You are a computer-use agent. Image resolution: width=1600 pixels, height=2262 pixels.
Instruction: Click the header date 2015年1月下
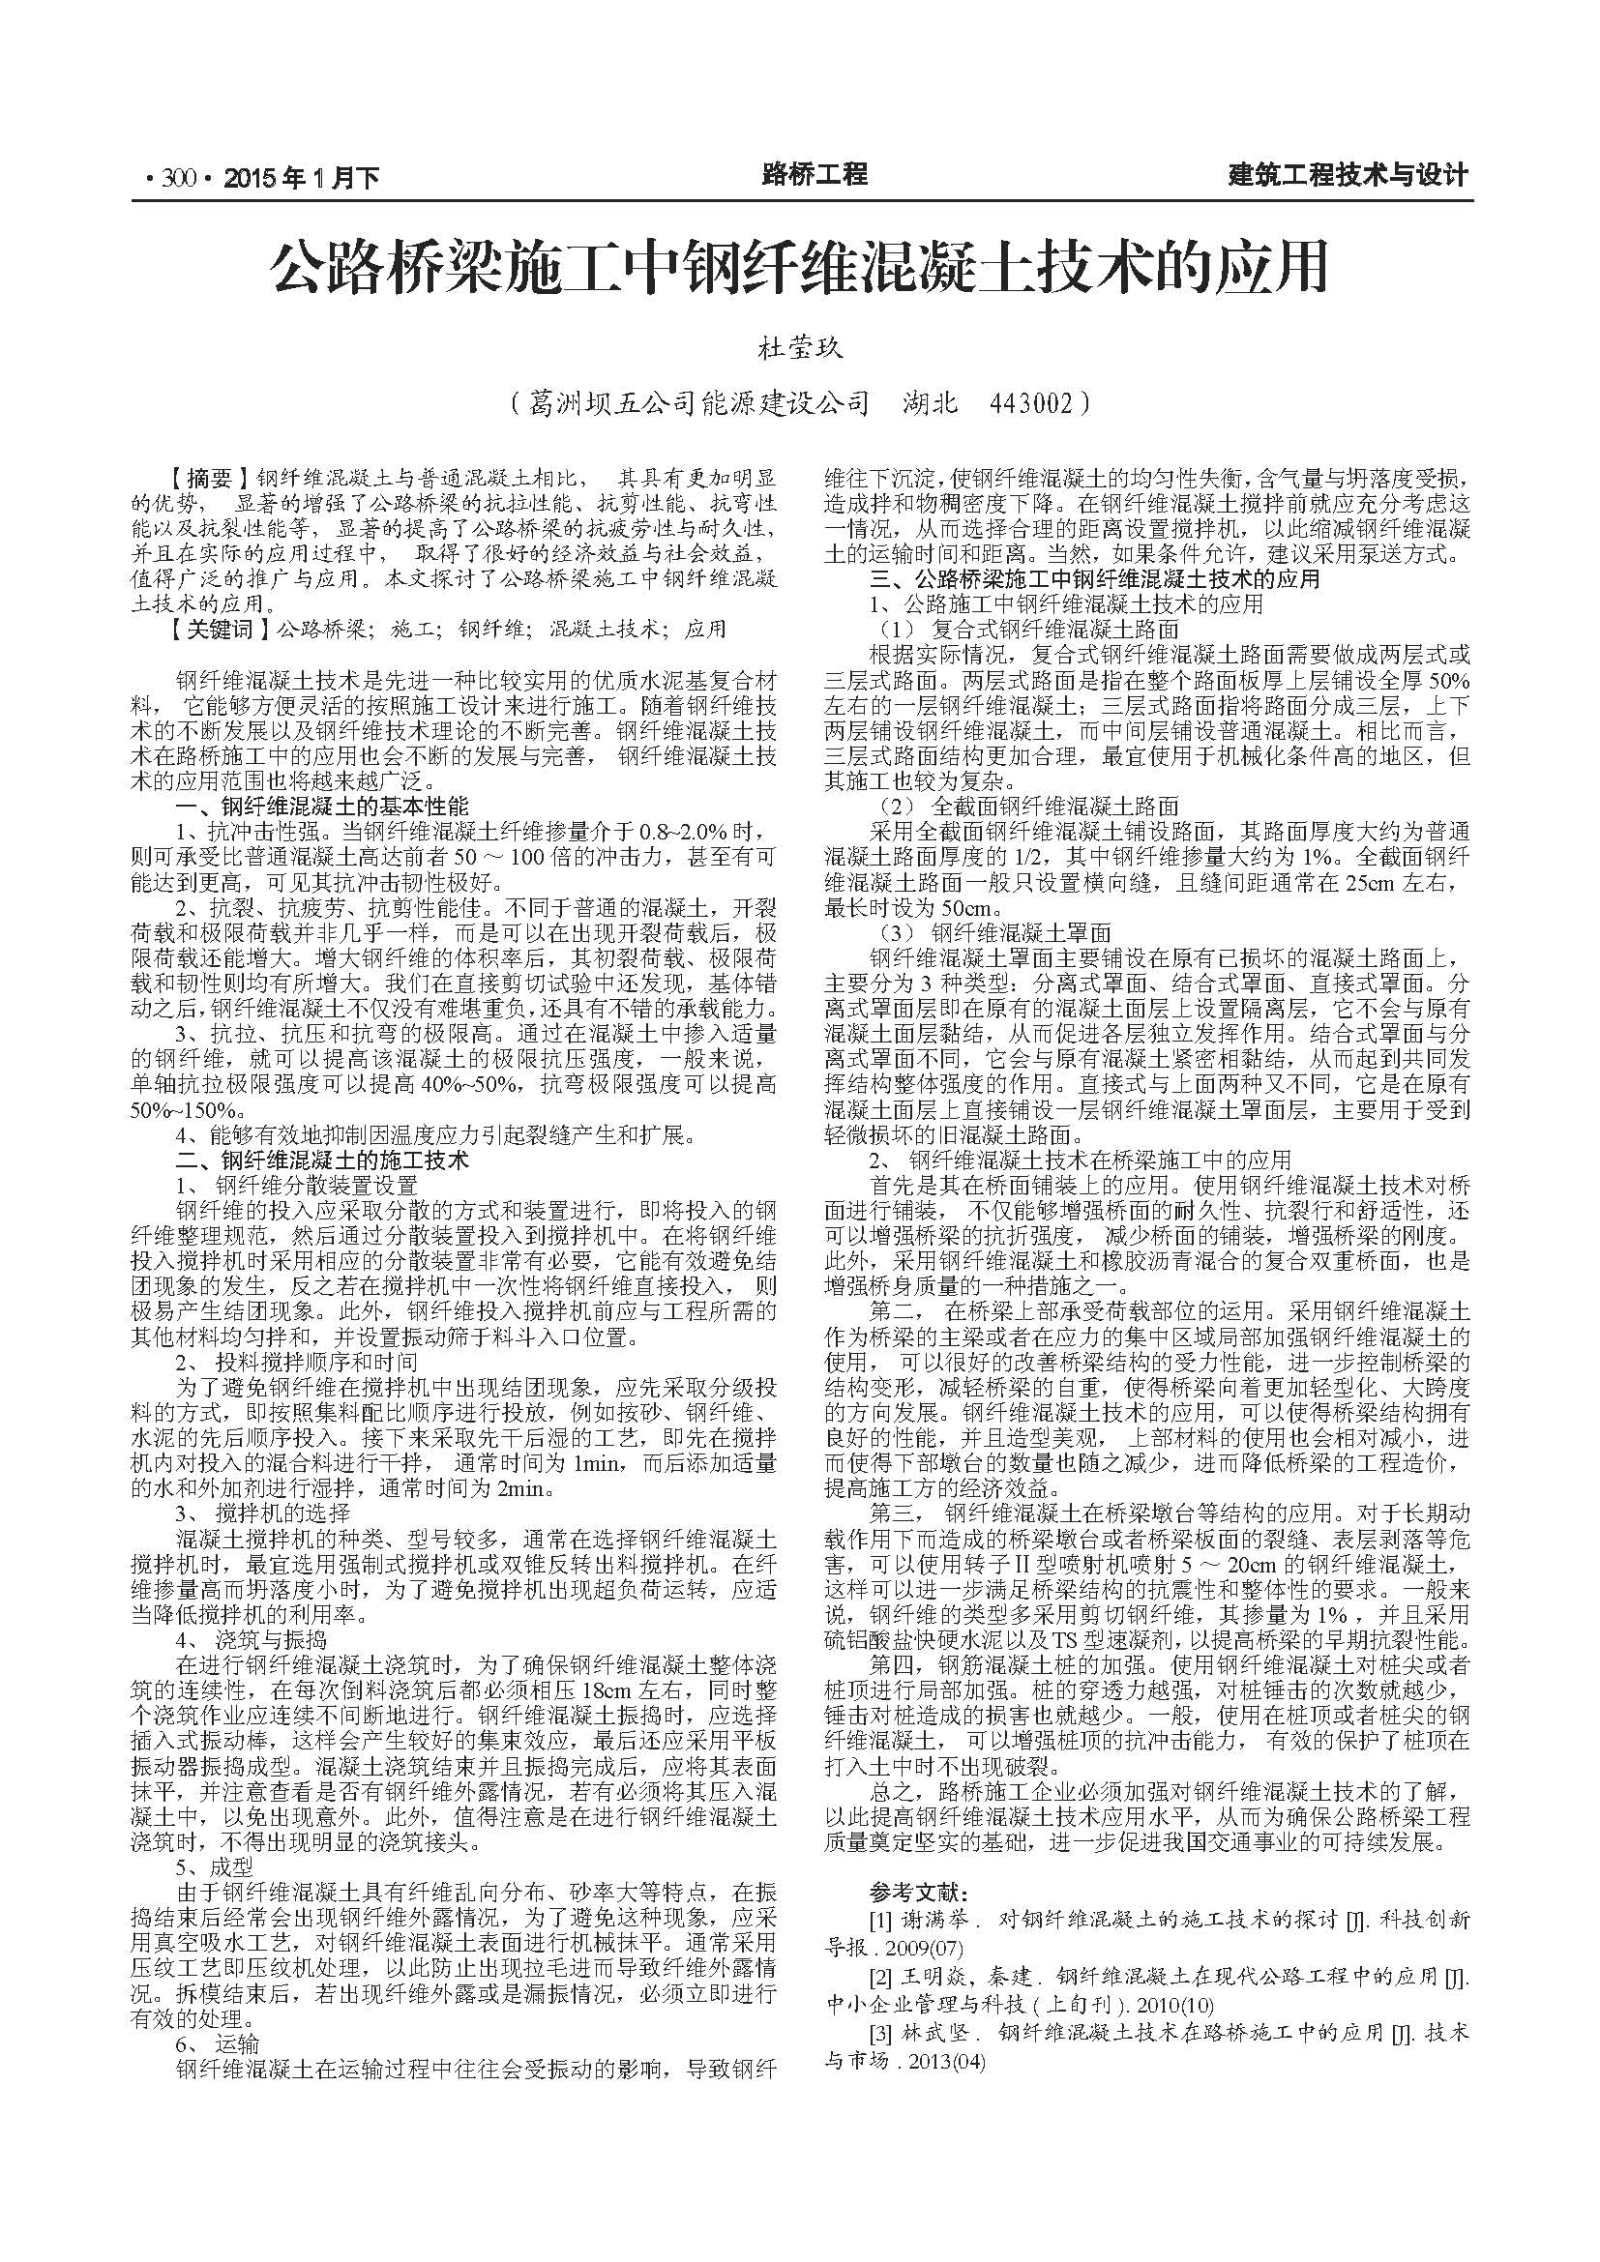pos(302,178)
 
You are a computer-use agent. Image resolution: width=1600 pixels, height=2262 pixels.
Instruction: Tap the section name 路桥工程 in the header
pos(815,175)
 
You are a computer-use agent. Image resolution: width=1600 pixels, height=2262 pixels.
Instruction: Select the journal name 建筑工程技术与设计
pos(1348,176)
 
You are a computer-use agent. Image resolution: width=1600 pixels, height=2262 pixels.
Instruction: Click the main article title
pos(799,268)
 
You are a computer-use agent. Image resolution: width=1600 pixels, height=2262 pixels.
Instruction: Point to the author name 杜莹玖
pos(799,349)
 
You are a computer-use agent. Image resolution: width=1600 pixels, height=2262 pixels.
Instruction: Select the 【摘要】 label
pos(207,480)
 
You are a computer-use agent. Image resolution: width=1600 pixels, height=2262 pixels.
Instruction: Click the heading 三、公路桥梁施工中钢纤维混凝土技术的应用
pos(1094,579)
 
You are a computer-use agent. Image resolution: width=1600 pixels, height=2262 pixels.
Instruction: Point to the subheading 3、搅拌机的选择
pos(262,1513)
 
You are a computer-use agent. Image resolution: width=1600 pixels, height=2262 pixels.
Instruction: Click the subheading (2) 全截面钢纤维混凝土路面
pos(1029,806)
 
